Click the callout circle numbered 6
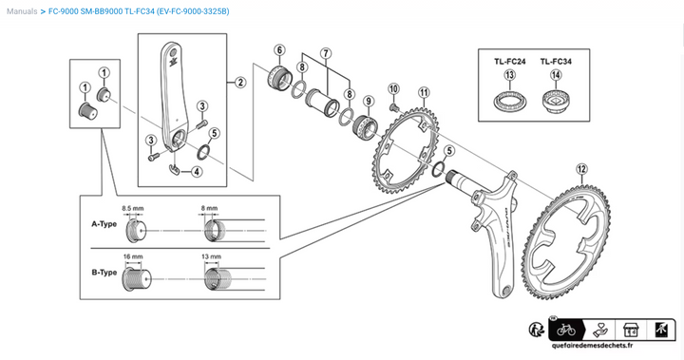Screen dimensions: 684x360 pos(279,50)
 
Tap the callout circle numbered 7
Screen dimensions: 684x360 pos(326,54)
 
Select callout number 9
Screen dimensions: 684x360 pos(369,102)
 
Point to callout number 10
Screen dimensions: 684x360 pos(393,89)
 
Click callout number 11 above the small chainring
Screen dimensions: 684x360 pos(424,92)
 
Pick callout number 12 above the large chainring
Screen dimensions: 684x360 pos(581,169)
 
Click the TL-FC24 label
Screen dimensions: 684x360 pos(509,62)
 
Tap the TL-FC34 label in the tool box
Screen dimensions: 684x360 pos(556,62)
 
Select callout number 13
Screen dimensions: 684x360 pos(509,75)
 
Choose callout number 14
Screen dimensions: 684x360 pos(556,75)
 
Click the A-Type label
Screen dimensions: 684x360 pos(104,224)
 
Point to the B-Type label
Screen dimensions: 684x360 pos(104,273)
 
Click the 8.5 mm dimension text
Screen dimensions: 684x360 pos(133,208)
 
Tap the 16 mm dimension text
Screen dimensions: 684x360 pos(133,256)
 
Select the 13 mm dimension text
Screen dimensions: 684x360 pos(211,256)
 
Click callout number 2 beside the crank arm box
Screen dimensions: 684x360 pos(240,82)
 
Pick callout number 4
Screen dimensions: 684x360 pos(197,172)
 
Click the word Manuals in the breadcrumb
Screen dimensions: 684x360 pos(22,11)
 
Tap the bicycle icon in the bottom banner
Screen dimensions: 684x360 pos(566,331)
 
